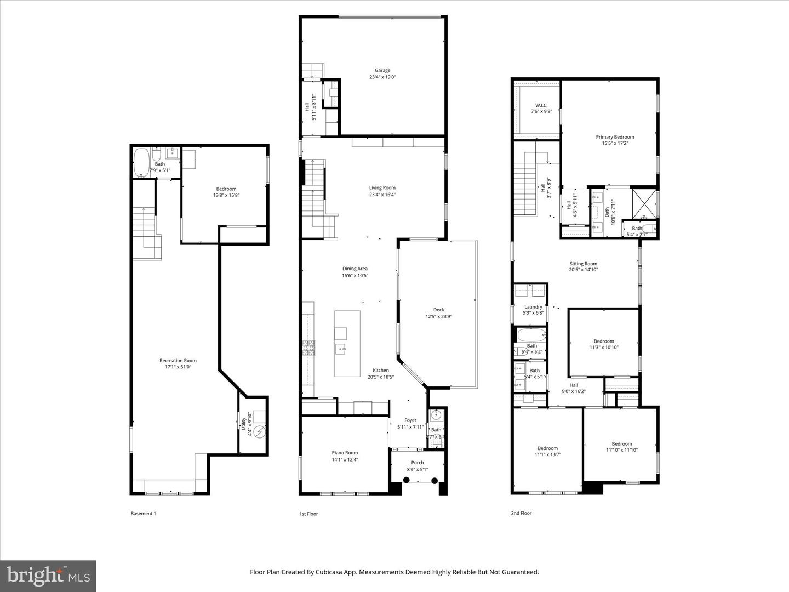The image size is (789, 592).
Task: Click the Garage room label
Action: [x=382, y=70]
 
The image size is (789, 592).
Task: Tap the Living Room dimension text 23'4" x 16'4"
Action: [x=382, y=194]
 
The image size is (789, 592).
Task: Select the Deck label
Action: [x=438, y=310]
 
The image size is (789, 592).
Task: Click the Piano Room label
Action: [x=345, y=453]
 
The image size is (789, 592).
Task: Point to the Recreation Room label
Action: [x=178, y=360]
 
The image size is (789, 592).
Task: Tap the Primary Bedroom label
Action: [x=615, y=137]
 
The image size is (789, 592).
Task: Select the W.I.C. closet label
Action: [x=541, y=105]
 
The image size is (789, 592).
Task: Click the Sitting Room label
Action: [x=583, y=264]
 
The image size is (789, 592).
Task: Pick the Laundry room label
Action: [x=533, y=307]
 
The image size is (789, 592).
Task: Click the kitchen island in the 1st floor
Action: [x=347, y=343]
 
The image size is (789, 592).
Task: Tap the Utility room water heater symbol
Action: [x=260, y=432]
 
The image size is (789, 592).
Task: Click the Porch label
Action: [x=418, y=463]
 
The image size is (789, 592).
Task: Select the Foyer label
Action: [x=410, y=420]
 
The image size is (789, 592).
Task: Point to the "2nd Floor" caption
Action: [x=521, y=513]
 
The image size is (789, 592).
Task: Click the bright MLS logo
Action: [x=48, y=576]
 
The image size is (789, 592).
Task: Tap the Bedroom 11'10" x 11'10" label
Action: [x=621, y=444]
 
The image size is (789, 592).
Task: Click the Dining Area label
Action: [x=355, y=269]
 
